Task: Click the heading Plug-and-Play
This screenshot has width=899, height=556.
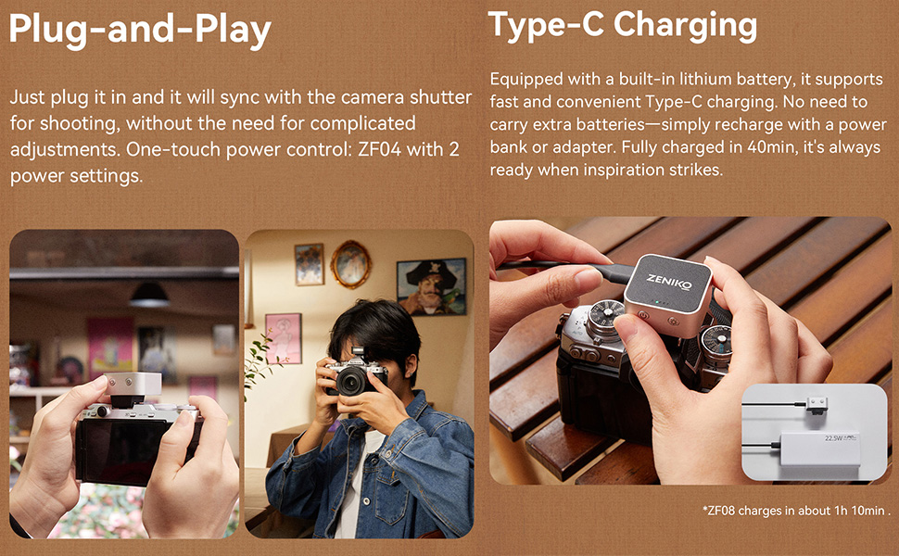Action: [x=140, y=30]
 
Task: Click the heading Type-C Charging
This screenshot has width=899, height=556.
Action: [x=622, y=25]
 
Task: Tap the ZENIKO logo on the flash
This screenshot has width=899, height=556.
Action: [x=668, y=281]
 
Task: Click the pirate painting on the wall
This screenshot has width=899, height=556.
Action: [x=431, y=286]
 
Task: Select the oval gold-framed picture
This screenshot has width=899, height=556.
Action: [x=350, y=264]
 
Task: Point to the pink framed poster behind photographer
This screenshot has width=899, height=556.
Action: [x=284, y=338]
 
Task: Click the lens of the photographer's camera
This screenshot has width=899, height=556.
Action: [x=351, y=381]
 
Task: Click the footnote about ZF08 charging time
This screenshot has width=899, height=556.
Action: [x=796, y=511]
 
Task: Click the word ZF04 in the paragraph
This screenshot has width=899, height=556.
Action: [x=379, y=149]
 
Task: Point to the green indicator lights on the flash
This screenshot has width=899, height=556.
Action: [x=661, y=303]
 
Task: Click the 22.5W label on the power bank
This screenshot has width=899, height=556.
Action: [x=833, y=438]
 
